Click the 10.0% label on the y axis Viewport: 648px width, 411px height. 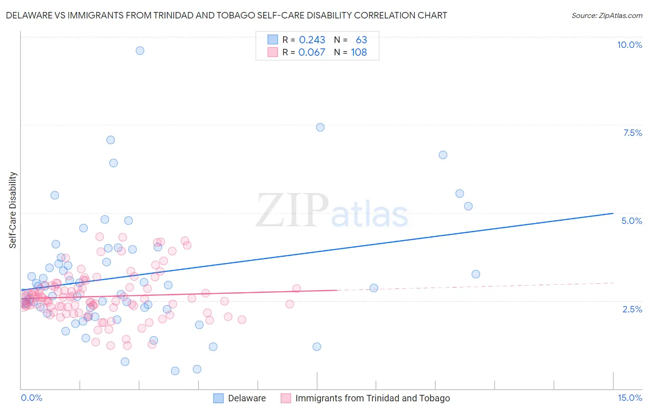point(629,45)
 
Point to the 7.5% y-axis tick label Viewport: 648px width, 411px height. point(632,133)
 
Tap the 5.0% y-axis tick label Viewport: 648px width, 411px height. point(631,221)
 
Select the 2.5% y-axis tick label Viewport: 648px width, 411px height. point(632,309)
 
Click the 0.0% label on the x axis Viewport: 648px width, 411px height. point(31,398)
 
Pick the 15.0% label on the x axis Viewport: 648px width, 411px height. point(630,398)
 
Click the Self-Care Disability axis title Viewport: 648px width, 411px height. point(13,210)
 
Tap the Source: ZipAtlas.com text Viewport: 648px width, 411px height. point(607,15)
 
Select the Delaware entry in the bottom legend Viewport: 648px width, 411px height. point(247,398)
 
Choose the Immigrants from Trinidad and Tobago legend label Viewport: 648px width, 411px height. point(372,398)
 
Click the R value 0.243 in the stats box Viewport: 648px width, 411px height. point(312,40)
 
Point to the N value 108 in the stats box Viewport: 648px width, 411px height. point(359,52)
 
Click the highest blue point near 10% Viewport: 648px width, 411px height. point(140,51)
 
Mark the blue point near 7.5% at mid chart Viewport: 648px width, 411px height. point(320,127)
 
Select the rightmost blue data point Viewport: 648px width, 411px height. point(476,274)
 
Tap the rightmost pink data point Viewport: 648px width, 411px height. point(296,288)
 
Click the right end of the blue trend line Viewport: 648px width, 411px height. point(613,213)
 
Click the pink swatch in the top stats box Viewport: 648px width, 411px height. point(273,52)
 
